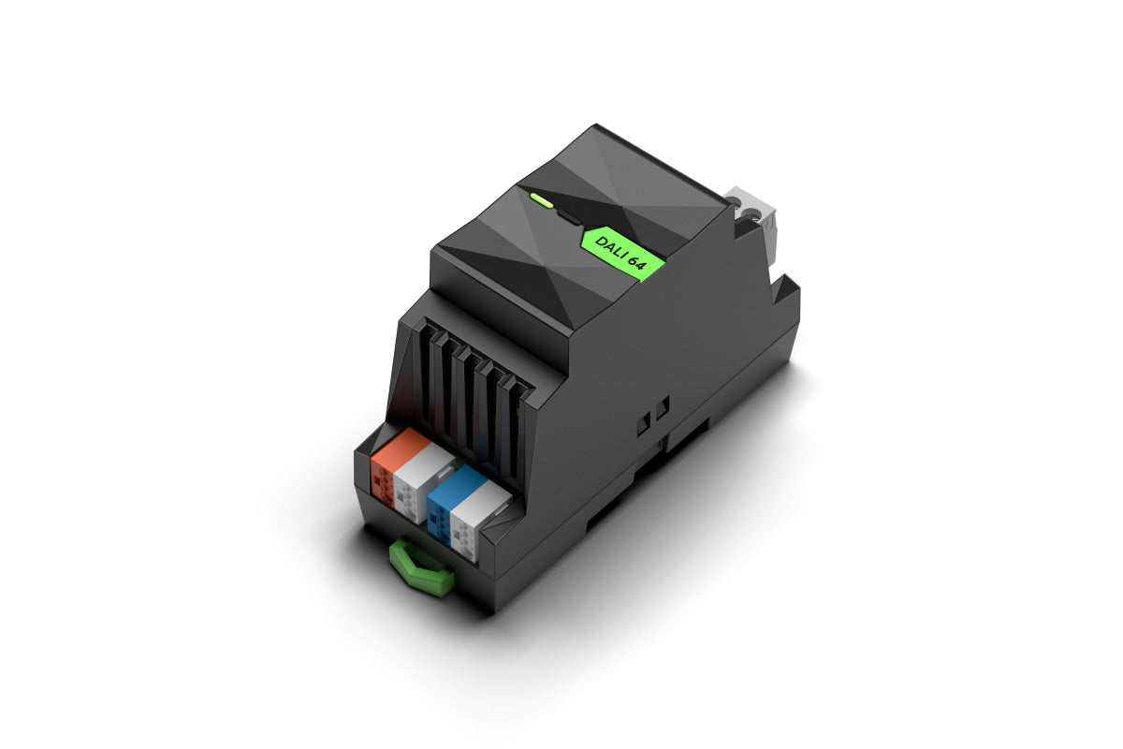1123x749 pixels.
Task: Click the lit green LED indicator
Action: (x=541, y=199)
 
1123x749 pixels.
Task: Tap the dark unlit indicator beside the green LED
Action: (x=567, y=217)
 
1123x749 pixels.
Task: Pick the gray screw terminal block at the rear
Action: (x=753, y=221)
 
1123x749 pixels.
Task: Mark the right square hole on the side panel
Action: (x=663, y=407)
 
